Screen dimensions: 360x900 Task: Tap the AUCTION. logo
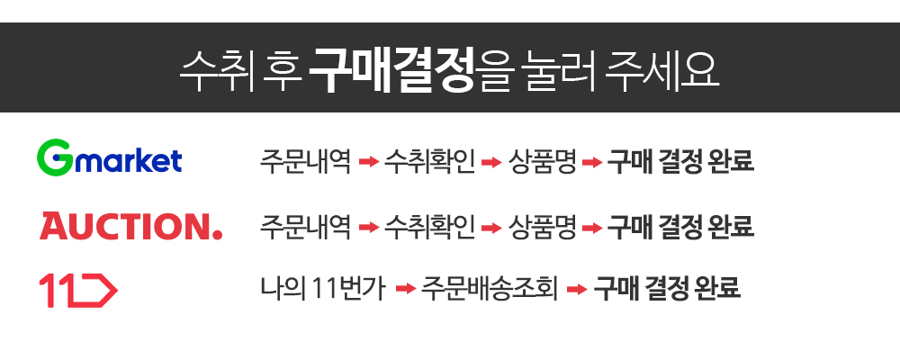click(x=130, y=226)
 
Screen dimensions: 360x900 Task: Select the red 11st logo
click(x=78, y=290)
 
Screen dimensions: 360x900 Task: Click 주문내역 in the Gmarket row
click(x=305, y=162)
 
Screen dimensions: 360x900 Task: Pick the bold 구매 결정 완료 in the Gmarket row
click(x=680, y=162)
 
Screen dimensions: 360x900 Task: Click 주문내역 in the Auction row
click(x=305, y=226)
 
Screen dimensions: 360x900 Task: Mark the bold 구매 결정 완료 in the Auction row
click(x=680, y=226)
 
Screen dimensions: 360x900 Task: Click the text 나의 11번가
click(x=323, y=289)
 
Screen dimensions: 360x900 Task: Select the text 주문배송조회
click(x=490, y=289)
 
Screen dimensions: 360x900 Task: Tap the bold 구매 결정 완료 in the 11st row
click(x=667, y=289)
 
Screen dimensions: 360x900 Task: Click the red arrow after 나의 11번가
click(x=405, y=290)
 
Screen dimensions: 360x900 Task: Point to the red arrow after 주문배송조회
click(x=577, y=290)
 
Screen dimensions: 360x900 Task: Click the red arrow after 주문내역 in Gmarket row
click(x=367, y=163)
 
